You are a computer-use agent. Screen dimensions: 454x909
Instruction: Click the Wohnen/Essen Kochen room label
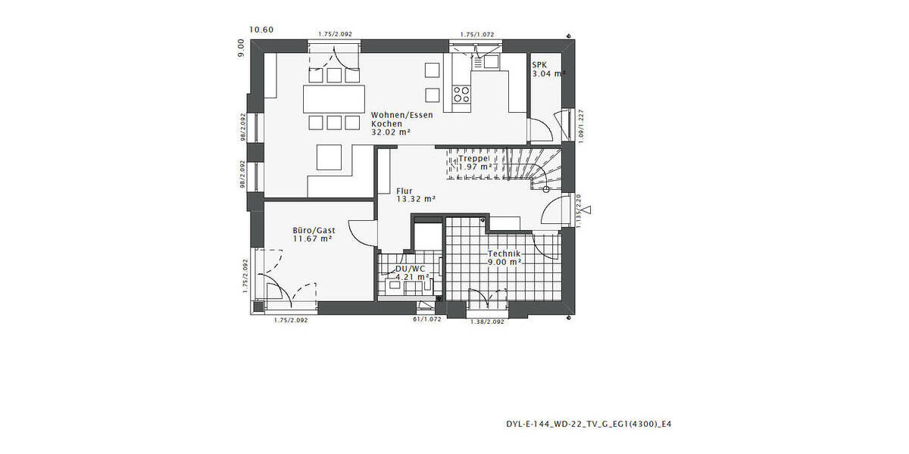(401, 119)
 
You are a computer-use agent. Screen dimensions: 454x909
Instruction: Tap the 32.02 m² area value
(390, 132)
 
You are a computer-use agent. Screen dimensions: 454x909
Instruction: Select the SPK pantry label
(539, 65)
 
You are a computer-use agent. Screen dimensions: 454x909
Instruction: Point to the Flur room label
(404, 190)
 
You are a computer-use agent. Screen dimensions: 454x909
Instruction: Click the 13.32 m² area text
(416, 199)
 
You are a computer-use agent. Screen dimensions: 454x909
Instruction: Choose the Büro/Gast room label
(314, 229)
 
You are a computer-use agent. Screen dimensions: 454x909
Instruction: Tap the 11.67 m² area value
(313, 238)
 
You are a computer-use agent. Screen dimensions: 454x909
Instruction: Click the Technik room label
(504, 253)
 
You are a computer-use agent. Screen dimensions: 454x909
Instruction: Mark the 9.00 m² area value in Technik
(504, 263)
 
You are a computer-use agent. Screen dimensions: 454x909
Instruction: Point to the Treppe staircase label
(475, 158)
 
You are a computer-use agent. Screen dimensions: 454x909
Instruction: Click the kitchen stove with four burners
(461, 94)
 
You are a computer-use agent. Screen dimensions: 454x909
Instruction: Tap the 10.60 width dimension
(261, 30)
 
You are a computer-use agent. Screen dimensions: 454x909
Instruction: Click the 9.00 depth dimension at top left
(241, 49)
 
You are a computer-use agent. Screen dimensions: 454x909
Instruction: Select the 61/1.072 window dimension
(426, 320)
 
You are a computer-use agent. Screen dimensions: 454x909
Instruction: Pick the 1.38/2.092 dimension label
(487, 322)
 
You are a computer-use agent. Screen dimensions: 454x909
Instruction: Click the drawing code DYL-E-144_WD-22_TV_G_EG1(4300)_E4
(589, 424)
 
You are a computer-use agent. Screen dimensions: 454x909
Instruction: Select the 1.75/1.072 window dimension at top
(477, 34)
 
